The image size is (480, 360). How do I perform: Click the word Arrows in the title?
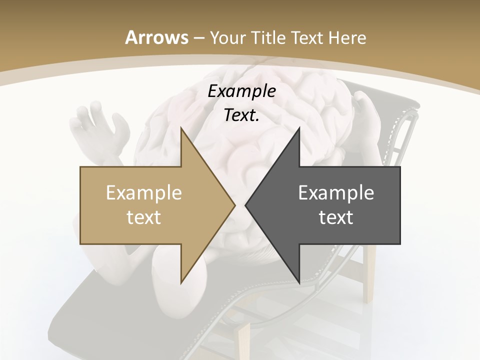(156, 37)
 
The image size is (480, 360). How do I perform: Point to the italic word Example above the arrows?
(241, 91)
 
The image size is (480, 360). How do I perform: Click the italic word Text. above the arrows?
(241, 115)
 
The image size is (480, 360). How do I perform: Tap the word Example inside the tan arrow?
(143, 193)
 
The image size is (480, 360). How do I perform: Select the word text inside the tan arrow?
(143, 217)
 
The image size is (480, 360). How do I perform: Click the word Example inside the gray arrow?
(336, 193)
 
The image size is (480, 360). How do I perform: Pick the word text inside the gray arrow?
(336, 217)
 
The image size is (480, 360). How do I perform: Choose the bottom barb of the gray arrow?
(298, 281)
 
